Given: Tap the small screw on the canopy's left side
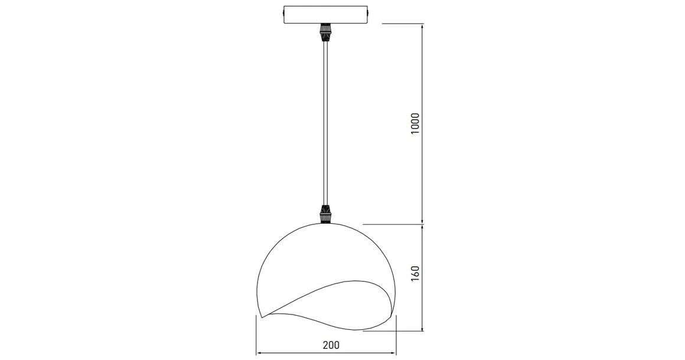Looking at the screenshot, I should coord(283,13).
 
